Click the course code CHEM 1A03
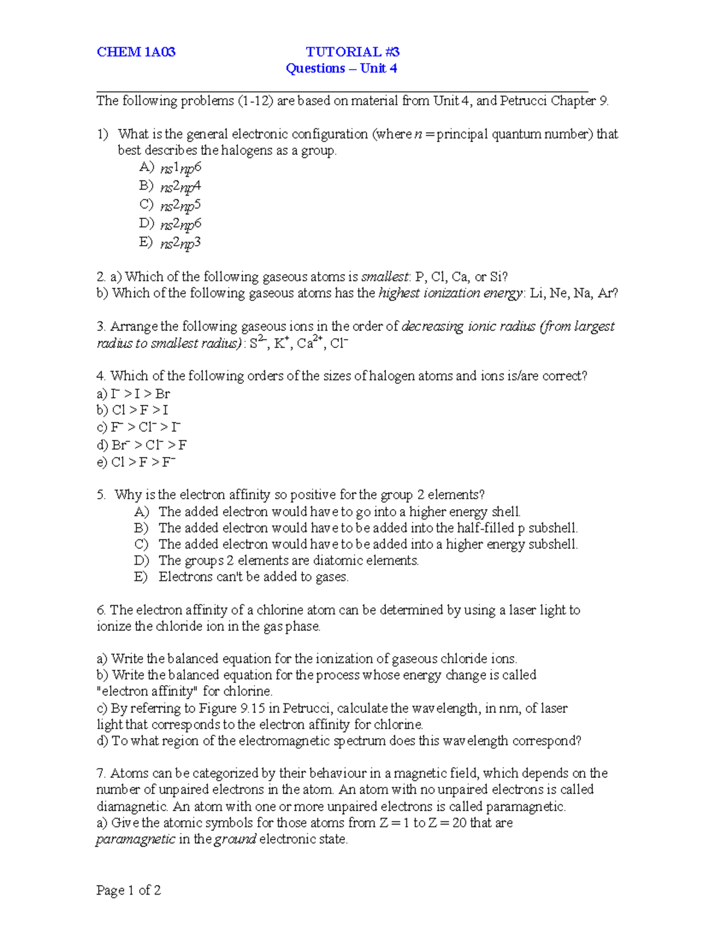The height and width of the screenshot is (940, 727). pos(136,52)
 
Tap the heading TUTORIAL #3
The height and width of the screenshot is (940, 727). pos(352,52)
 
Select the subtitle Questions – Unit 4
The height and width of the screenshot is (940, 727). pos(341,68)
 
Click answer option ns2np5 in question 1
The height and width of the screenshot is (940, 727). pos(180,205)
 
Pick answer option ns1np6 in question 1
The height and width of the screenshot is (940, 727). pos(180,168)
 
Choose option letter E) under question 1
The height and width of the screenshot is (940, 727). pos(145,242)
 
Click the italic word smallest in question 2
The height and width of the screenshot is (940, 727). pos(385,277)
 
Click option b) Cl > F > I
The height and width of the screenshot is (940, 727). pos(133,410)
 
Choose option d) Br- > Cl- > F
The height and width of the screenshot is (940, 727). pos(142,445)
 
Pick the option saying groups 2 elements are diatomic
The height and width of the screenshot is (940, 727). pos(288,560)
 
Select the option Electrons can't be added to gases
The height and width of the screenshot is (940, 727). pos(253,577)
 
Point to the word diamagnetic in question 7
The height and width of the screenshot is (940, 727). pos(131,806)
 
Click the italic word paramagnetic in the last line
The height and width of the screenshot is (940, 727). pos(135,840)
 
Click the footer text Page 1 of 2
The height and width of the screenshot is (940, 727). pos(128,890)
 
